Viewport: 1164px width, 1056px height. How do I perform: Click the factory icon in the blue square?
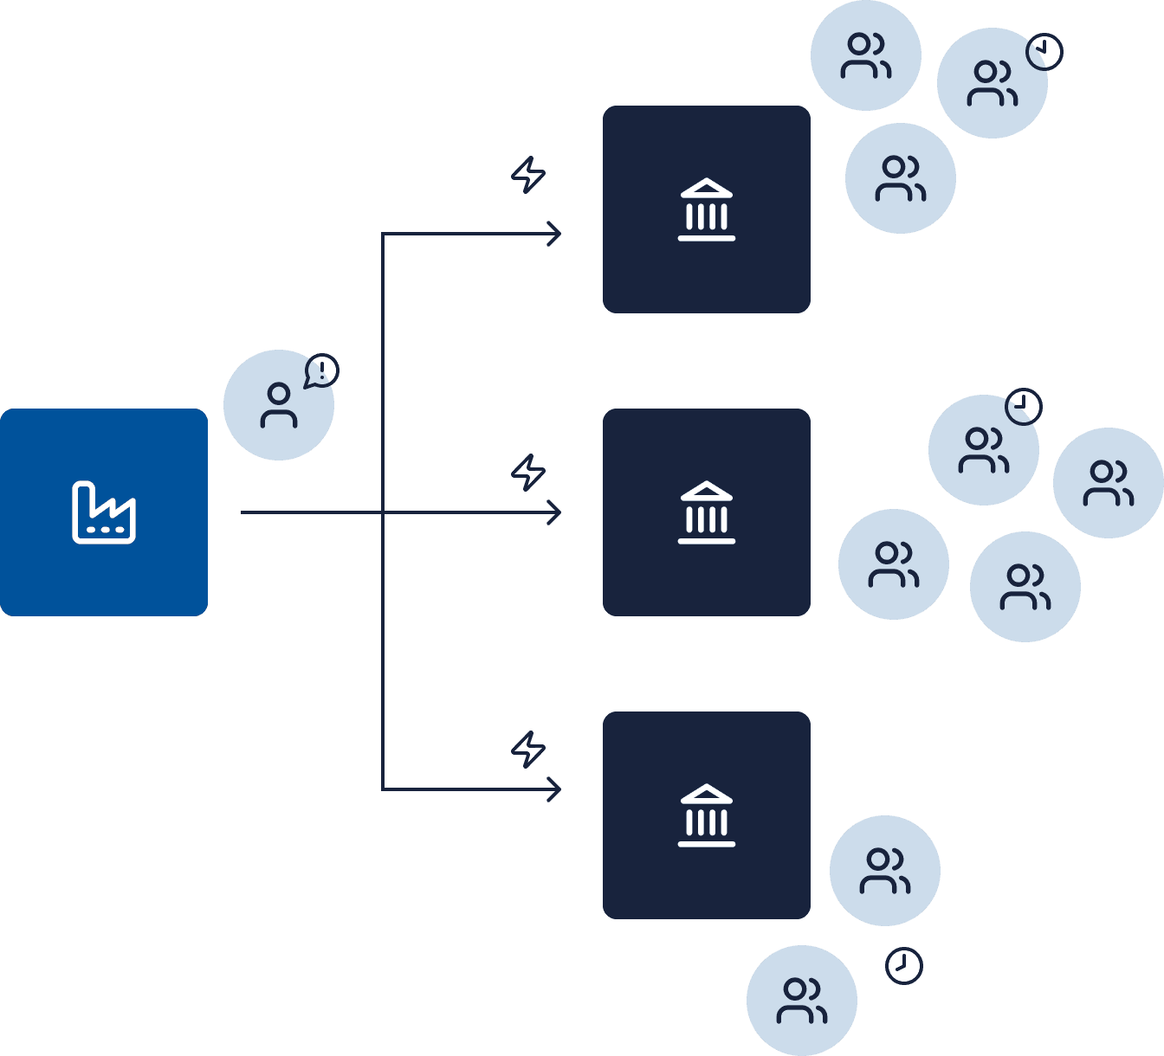pos(104,512)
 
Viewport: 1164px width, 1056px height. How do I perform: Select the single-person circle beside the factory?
pos(278,405)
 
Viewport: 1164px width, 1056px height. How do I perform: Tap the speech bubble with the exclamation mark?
pos(321,371)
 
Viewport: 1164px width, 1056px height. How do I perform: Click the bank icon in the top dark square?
pos(707,209)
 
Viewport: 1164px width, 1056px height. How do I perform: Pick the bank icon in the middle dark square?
pos(707,512)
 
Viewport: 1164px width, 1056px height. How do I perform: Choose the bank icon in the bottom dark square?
pos(707,815)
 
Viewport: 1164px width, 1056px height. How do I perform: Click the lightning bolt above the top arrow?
pos(527,174)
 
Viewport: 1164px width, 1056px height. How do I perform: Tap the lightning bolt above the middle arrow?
pos(527,473)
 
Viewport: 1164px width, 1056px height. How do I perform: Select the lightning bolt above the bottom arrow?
pos(527,750)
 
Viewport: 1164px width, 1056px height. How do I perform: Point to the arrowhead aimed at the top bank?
pos(554,234)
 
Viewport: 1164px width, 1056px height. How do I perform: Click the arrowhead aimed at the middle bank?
pos(554,512)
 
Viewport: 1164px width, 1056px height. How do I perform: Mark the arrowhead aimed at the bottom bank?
pos(554,789)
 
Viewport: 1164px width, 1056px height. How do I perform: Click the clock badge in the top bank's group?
pos(1044,52)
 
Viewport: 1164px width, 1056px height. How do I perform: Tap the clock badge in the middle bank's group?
pos(1024,406)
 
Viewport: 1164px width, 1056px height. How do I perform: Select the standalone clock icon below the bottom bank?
pos(904,966)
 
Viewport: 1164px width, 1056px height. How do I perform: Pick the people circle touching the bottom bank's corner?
pos(884,871)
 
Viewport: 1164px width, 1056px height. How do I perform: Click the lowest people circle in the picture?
pos(802,1001)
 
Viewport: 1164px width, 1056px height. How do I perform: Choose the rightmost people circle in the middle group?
pos(1109,483)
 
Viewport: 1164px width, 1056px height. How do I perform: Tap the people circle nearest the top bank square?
pos(900,178)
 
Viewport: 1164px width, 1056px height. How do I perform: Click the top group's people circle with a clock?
pos(992,83)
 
